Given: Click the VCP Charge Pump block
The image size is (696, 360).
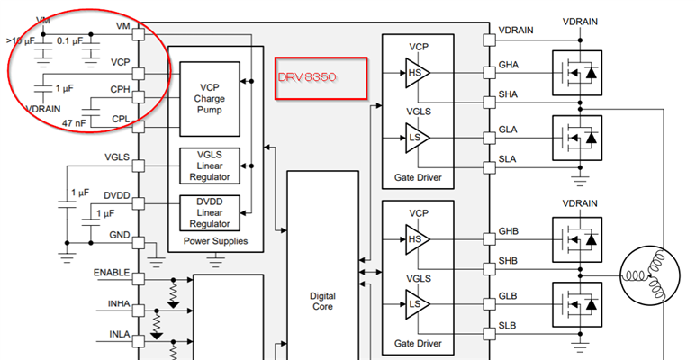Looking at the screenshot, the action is point(210,99).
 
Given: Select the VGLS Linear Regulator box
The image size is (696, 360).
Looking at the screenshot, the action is point(210,166).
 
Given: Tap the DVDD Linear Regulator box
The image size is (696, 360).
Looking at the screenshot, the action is point(210,213).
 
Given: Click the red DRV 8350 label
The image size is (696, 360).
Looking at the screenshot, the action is point(307,77).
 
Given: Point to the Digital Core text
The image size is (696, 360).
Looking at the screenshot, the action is point(322,301).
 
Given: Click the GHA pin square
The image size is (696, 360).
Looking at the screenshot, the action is point(489,73).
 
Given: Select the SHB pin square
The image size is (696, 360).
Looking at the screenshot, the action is point(489,269).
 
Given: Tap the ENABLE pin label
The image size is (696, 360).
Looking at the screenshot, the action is point(112,273).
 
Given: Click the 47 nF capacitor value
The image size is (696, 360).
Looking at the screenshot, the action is point(74,123).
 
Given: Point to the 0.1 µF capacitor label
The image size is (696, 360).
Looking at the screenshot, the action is point(69,40).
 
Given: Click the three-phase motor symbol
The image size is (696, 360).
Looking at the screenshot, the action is point(650,277).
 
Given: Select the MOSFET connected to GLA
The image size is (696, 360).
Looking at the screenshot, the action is point(577,138).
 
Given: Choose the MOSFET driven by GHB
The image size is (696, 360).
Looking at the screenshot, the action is point(577,239).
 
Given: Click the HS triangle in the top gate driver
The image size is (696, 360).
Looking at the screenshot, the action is point(417,73).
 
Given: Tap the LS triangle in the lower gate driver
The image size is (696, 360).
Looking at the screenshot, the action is point(417,304).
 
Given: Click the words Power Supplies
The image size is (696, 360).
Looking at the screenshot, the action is point(216,241).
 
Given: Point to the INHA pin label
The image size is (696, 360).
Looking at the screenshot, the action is point(119,304).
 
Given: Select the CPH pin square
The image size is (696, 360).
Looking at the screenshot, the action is point(139,97).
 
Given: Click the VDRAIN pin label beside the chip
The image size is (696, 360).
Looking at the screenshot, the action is point(516,31).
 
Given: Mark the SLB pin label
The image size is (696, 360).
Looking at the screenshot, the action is point(507,326).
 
